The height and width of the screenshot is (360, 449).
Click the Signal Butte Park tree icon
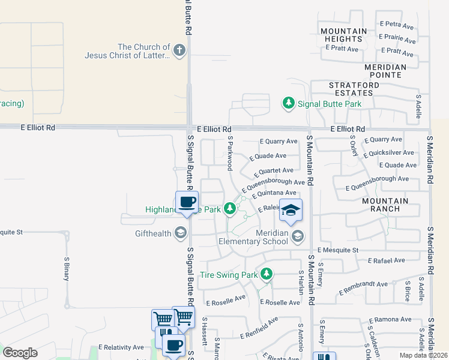(x=289, y=104)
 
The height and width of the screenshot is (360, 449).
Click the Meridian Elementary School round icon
(x=297, y=237)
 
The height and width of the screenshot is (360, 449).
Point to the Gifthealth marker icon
(x=181, y=233)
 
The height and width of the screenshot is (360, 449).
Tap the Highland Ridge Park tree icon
(x=229, y=209)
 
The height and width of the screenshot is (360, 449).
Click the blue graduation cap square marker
(x=291, y=210)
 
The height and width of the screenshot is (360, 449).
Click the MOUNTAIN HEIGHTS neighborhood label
(x=343, y=35)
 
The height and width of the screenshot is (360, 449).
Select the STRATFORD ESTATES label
(x=354, y=89)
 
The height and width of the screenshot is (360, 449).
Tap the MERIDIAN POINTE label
(x=385, y=71)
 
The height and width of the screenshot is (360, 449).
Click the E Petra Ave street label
(x=397, y=25)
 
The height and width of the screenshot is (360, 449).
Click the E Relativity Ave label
(x=121, y=347)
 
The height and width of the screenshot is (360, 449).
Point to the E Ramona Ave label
(x=391, y=320)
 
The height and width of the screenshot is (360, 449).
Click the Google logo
(x=20, y=353)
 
